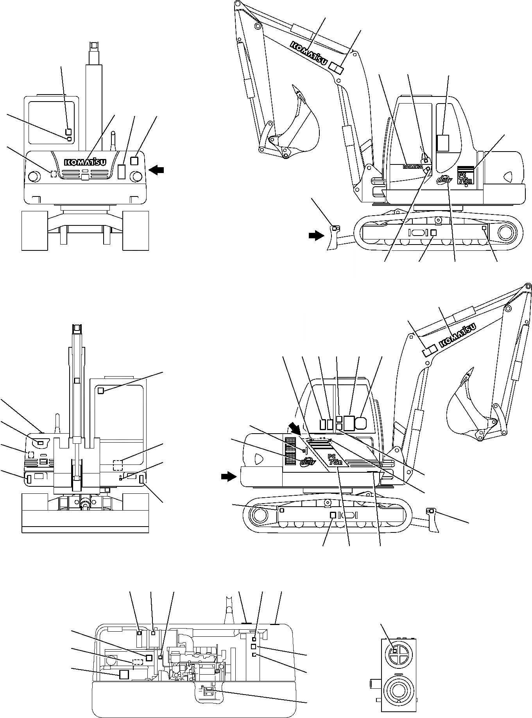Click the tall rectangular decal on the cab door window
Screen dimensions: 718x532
(x=443, y=143)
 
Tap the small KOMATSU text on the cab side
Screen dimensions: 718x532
(x=413, y=167)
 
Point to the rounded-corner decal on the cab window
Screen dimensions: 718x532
(x=361, y=423)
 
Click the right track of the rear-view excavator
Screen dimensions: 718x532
(x=136, y=230)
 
